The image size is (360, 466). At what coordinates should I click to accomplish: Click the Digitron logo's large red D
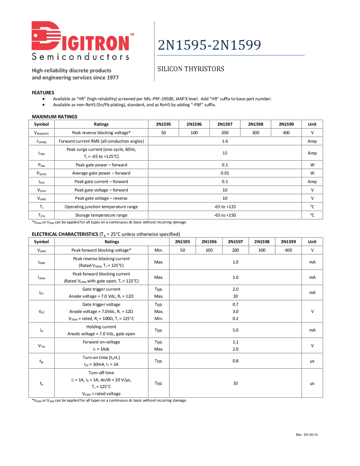point(46,36)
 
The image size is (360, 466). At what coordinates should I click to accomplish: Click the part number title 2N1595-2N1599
point(209,45)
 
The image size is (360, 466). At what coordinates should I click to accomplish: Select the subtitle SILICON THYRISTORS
point(191,69)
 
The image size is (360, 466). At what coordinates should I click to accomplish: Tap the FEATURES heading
point(43,93)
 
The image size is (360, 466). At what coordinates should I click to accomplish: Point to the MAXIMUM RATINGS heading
point(54,116)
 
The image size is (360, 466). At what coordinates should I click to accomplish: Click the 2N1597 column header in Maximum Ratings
point(225,124)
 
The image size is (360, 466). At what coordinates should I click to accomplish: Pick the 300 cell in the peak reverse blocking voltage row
point(255,133)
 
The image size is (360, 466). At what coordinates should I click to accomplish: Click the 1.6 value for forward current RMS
point(225,141)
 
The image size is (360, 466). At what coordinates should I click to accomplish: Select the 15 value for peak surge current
point(225,153)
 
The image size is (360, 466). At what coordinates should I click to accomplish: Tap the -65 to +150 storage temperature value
point(225,215)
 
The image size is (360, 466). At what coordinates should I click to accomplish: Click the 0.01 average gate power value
point(225,173)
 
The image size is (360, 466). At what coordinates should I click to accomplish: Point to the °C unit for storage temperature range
point(312,215)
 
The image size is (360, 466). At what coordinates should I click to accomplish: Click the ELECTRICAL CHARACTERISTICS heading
point(65,234)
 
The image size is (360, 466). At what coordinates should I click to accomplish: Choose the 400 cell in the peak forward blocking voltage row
point(288,250)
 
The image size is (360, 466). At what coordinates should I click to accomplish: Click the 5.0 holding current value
point(235,330)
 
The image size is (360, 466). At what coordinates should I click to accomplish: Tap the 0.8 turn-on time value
point(235,361)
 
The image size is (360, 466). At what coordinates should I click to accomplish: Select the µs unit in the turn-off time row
point(312,383)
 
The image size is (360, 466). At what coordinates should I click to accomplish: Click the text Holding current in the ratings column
point(101,327)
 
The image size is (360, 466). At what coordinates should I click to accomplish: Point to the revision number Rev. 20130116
point(307,434)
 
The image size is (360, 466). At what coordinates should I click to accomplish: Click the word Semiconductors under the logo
point(80,57)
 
